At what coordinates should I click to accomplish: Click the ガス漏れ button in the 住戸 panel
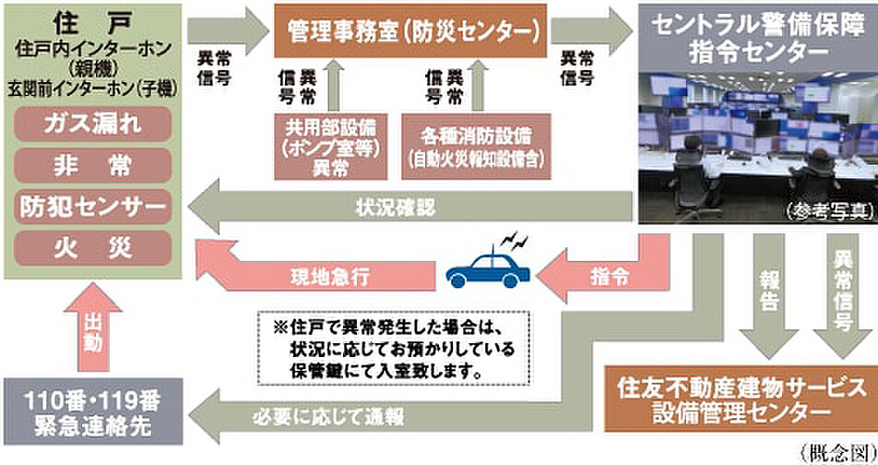[x=93, y=124]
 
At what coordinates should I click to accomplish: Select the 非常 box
[x=93, y=165]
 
